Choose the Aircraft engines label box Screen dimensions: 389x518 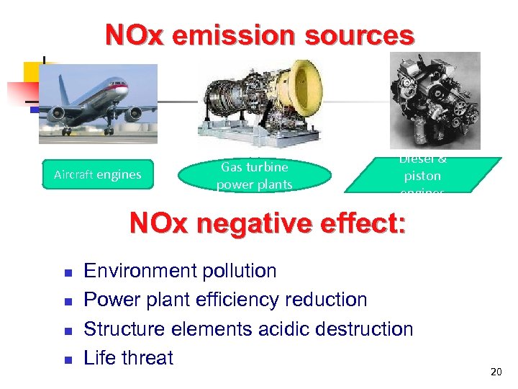[98, 174]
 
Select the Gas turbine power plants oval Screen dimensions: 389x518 [255, 175]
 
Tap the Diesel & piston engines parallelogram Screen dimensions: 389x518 [422, 175]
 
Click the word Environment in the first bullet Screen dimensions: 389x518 [141, 272]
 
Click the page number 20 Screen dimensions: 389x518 [495, 372]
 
